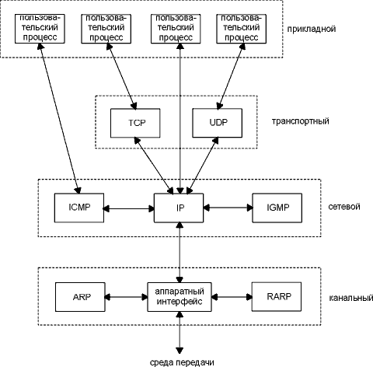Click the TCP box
(135, 123)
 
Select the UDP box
(217, 123)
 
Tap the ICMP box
(79, 208)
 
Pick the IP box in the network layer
(179, 208)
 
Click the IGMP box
(277, 208)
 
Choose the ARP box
(80, 297)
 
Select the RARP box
(277, 297)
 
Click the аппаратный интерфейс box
(180, 297)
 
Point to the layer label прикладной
(312, 29)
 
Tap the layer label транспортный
(301, 121)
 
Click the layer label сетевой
(344, 207)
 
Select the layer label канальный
(351, 298)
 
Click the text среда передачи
(182, 362)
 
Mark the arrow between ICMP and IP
(129, 208)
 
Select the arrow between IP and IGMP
(228, 208)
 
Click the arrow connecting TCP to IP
(154, 166)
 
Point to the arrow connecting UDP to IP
(203, 166)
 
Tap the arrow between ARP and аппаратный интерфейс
(126, 297)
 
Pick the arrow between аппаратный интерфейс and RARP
(232, 297)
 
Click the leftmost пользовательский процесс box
(40, 29)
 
